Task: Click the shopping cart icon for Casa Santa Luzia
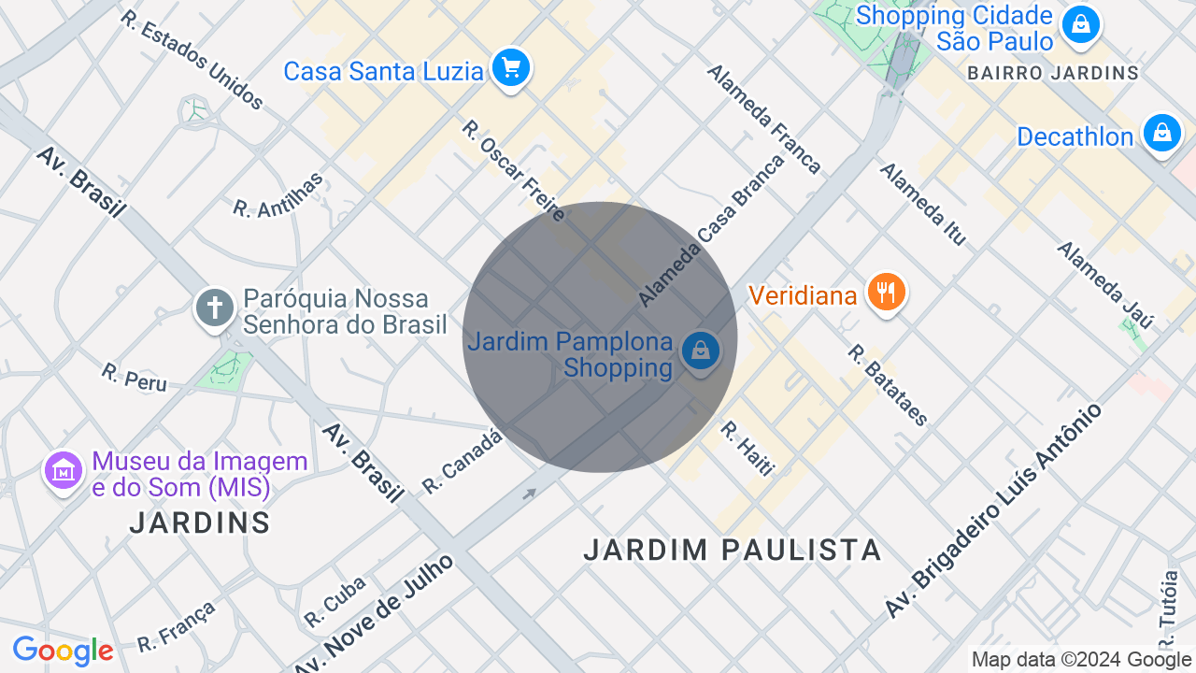click(x=510, y=67)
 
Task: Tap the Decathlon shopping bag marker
click(x=1161, y=134)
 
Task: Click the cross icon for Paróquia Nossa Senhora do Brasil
click(x=214, y=308)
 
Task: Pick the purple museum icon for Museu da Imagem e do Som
click(x=64, y=471)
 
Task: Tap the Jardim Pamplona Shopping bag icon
click(x=700, y=351)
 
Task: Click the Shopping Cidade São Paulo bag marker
click(x=1081, y=23)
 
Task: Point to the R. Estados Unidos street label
click(x=192, y=60)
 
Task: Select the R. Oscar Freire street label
click(x=514, y=170)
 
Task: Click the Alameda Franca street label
click(x=763, y=119)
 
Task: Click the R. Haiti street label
click(x=747, y=448)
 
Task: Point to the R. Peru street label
click(x=135, y=377)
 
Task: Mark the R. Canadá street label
click(x=462, y=462)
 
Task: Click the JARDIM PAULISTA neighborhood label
click(x=733, y=550)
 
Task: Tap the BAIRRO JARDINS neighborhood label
click(x=1053, y=73)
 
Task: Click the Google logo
click(x=63, y=652)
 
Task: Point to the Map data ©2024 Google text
click(x=1082, y=660)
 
